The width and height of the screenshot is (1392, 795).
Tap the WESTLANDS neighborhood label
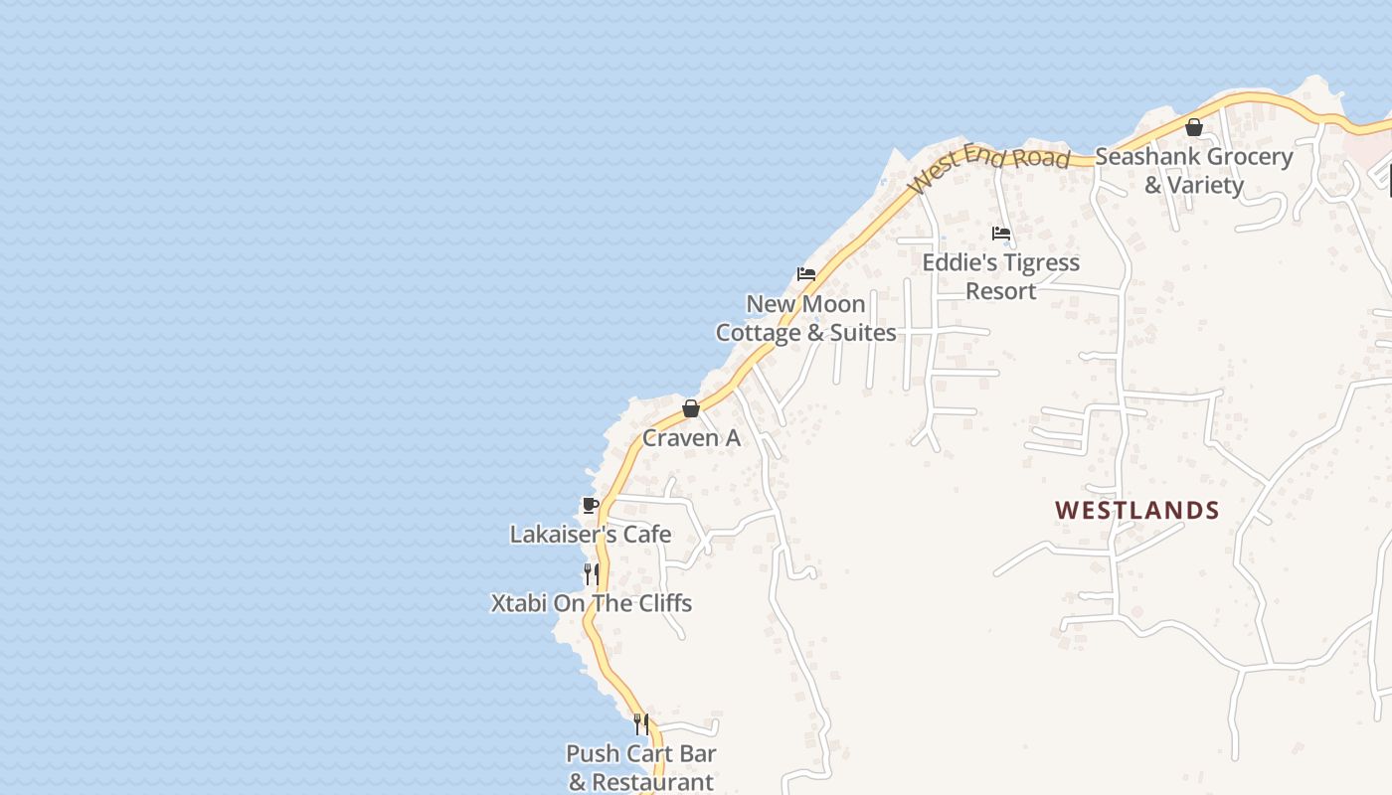coord(1136,510)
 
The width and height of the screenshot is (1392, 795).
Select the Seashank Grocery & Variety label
coord(1193,170)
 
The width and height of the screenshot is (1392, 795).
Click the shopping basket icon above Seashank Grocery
coord(1194,127)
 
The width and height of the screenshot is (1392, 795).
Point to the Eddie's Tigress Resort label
coord(1001,276)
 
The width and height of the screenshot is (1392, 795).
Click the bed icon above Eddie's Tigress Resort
coord(1001,234)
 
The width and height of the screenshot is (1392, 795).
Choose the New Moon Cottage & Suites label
coord(805,318)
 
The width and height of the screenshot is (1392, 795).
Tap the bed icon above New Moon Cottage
coord(806,274)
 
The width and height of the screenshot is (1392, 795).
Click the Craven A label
coord(691,437)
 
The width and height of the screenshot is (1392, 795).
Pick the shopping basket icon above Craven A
coord(691,408)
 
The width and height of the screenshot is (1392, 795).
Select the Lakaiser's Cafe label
coord(591,534)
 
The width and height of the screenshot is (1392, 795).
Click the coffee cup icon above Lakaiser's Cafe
coord(590,505)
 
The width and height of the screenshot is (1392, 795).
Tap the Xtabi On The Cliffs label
coord(592,603)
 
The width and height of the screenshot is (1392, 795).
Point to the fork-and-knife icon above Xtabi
coord(591,573)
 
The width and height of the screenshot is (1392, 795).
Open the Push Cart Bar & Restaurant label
coord(641,767)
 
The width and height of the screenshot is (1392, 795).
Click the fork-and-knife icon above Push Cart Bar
coord(641,723)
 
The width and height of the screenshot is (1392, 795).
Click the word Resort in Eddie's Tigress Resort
coord(1001,291)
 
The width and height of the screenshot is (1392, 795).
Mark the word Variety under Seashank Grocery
coord(1206,185)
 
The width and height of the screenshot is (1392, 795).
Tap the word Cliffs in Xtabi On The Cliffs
coord(661,603)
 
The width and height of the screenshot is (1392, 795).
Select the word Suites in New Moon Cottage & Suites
coord(863,333)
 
